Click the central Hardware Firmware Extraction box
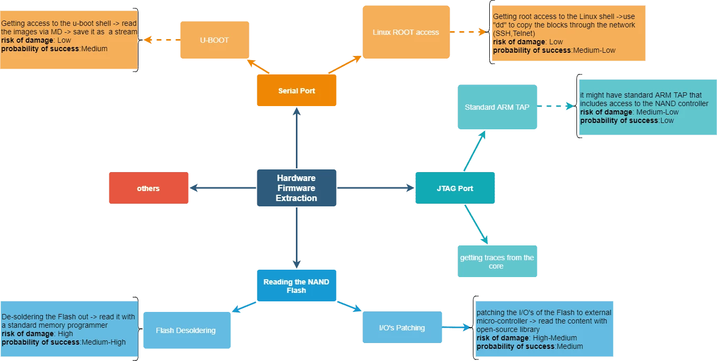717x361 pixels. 296,188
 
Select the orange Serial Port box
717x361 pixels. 296,91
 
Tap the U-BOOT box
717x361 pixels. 214,40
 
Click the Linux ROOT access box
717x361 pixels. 406,32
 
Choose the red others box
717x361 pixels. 148,188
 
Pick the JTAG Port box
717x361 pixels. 455,188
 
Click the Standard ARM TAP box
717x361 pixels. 497,107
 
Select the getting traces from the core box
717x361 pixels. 497,262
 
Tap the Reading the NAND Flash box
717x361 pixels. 296,286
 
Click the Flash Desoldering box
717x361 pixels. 186,330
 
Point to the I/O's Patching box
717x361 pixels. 402,328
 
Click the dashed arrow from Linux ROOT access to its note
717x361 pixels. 468,32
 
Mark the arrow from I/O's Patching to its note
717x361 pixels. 457,328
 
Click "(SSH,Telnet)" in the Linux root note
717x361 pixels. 514,33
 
